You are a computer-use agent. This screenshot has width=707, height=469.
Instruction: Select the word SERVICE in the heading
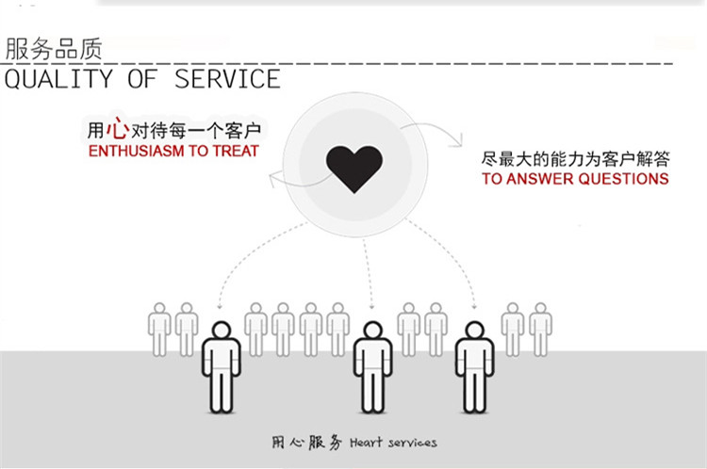pos(227,79)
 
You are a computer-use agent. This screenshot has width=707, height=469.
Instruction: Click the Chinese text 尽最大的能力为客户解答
pos(573,157)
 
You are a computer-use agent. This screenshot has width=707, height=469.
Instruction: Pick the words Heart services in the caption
pos(393,442)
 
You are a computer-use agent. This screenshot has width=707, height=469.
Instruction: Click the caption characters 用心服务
pos(307,442)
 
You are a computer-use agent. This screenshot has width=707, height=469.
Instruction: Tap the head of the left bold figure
pos(221,332)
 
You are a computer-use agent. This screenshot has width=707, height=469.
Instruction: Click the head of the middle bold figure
pos(372,332)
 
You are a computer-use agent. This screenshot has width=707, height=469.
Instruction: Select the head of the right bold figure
pos(474,332)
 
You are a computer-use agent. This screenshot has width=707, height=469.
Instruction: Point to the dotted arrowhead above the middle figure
pos(372,306)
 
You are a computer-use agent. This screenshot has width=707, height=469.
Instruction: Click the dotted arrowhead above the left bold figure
pos(221,306)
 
